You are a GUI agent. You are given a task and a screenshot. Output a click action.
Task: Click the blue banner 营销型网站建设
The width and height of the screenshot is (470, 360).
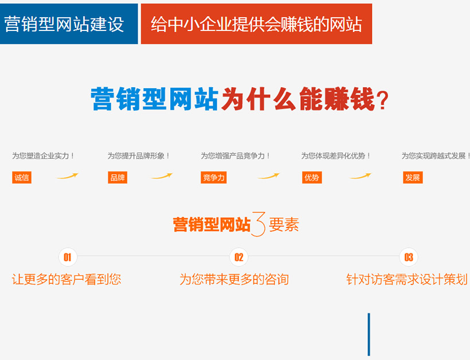pyautogui.click(x=69, y=24)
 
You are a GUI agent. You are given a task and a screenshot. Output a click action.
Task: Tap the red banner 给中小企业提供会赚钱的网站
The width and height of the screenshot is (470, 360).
pyautogui.click(x=256, y=24)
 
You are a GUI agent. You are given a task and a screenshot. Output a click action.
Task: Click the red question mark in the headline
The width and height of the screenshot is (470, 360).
pyautogui.click(x=382, y=100)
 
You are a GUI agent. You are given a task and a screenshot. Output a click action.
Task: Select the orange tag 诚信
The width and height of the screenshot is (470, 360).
pyautogui.click(x=22, y=178)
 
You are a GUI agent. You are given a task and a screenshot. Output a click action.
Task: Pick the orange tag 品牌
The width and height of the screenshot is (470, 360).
pyautogui.click(x=117, y=178)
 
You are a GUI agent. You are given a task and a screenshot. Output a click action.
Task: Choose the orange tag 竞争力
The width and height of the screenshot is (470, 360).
pyautogui.click(x=213, y=178)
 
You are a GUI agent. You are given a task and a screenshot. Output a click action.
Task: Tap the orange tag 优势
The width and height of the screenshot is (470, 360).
pyautogui.click(x=312, y=178)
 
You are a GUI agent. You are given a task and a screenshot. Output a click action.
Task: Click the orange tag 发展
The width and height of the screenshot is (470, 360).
pyautogui.click(x=413, y=178)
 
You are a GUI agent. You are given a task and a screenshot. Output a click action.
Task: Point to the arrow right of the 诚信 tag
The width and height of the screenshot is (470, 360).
pyautogui.click(x=68, y=177)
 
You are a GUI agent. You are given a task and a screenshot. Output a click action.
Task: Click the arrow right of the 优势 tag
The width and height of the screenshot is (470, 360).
pyautogui.click(x=361, y=177)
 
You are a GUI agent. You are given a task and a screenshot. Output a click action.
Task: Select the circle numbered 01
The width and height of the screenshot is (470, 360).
pyautogui.click(x=68, y=257)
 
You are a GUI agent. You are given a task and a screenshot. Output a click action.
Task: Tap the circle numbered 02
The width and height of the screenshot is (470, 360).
pyautogui.click(x=239, y=257)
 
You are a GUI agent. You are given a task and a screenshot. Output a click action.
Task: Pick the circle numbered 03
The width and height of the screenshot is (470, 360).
pyautogui.click(x=409, y=257)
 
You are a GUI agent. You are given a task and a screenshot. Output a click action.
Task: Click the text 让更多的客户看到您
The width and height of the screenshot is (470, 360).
pyautogui.click(x=66, y=279)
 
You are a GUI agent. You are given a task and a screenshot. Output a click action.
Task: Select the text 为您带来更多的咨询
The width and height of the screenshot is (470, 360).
pyautogui.click(x=234, y=279)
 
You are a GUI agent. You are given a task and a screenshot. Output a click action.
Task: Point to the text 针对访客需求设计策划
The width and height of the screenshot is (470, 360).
pyautogui.click(x=407, y=279)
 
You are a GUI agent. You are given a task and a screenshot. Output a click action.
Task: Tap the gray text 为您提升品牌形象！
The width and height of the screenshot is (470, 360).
pyautogui.click(x=139, y=155)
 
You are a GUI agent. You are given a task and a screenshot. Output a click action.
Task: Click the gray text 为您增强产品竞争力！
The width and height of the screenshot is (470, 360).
pyautogui.click(x=236, y=155)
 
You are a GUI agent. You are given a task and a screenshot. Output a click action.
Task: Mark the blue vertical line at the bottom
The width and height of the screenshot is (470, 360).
pyautogui.click(x=369, y=334)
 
